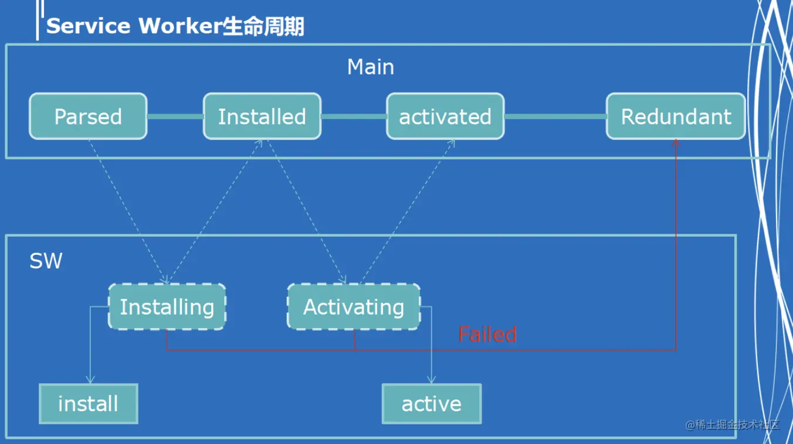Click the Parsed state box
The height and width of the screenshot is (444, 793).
(x=88, y=117)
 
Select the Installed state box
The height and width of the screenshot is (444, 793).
(x=262, y=117)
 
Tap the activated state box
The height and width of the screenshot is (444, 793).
(x=445, y=117)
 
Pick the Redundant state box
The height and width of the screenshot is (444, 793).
(x=676, y=117)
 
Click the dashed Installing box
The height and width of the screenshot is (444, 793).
(x=167, y=307)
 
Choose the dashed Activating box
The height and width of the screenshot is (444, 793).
(x=354, y=307)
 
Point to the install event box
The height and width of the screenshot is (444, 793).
(x=88, y=404)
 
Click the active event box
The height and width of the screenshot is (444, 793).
(x=432, y=404)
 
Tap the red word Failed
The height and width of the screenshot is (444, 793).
(x=487, y=334)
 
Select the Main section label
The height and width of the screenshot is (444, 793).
(x=371, y=67)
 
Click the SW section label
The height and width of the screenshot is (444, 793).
(x=46, y=261)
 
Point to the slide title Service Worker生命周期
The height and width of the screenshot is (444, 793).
(x=175, y=26)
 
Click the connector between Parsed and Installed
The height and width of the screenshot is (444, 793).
(x=175, y=117)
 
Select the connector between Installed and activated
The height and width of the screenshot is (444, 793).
(x=354, y=117)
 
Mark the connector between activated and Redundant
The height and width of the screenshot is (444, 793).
(x=555, y=117)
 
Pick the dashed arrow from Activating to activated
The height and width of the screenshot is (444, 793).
(x=408, y=211)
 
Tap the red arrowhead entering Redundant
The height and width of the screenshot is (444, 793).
(x=676, y=142)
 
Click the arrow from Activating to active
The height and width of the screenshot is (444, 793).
(x=432, y=351)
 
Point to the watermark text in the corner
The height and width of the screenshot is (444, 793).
(x=733, y=425)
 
